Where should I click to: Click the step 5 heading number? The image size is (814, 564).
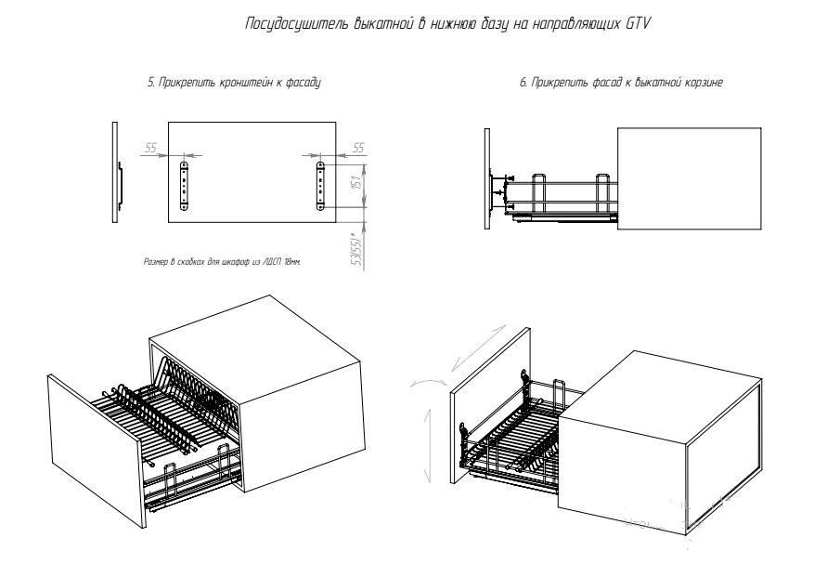tap(150, 83)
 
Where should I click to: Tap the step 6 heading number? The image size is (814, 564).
tap(523, 83)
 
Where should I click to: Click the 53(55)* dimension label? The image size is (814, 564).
tap(355, 250)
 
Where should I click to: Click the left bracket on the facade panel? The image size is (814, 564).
tap(186, 187)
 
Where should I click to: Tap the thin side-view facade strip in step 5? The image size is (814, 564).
tap(114, 171)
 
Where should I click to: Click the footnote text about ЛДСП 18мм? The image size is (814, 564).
tap(223, 262)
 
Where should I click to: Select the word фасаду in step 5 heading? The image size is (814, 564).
tap(302, 83)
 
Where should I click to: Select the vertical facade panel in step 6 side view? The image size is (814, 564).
tap(486, 181)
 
